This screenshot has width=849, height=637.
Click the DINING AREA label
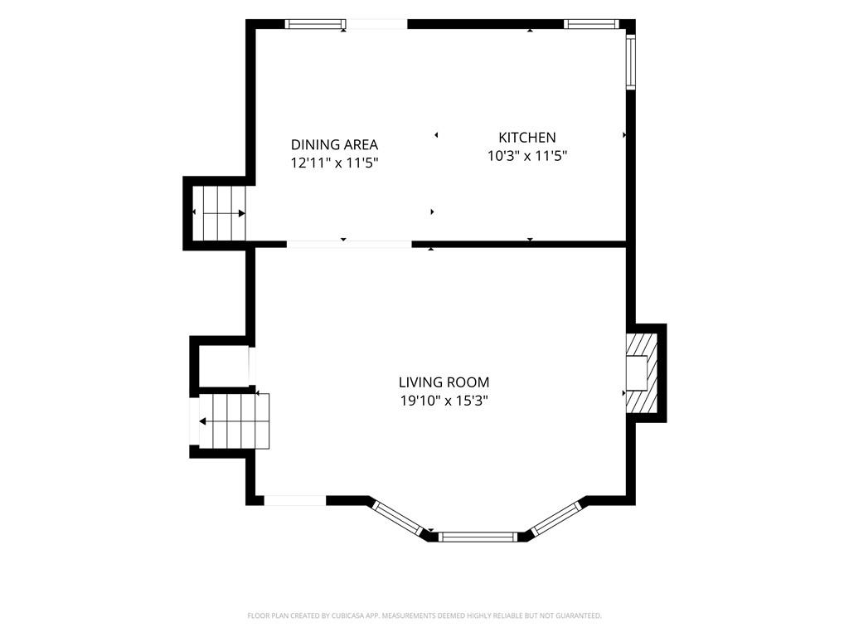click(334, 144)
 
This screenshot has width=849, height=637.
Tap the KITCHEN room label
click(526, 137)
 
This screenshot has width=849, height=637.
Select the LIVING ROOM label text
click(444, 382)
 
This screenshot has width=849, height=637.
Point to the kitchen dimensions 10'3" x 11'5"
click(526, 156)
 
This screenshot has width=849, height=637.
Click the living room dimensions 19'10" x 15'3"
click(444, 401)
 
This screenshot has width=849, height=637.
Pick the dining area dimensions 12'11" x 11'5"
click(334, 163)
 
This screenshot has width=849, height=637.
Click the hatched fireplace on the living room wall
click(642, 373)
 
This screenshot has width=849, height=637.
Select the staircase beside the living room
click(234, 421)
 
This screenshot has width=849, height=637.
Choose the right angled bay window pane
click(555, 519)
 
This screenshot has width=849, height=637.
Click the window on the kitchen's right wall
click(631, 61)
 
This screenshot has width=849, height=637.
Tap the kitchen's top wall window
click(590, 24)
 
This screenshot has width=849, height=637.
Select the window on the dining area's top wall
click(315, 24)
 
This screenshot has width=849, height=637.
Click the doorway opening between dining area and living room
click(349, 245)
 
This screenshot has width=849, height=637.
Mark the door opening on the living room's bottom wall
click(295, 500)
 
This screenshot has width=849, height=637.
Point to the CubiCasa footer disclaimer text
click(424, 615)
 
